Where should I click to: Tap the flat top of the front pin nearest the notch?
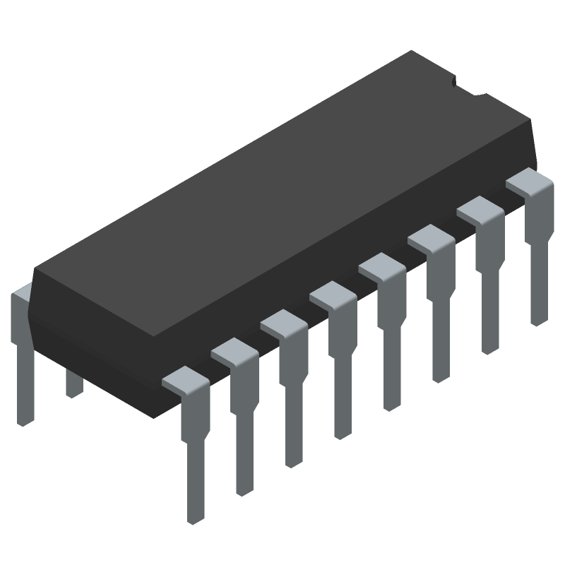[x=529, y=181]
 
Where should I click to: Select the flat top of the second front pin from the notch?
[x=480, y=208]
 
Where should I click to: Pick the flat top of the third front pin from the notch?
[x=430, y=237]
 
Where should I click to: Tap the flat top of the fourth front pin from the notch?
[x=381, y=265]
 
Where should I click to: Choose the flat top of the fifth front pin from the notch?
[x=332, y=293]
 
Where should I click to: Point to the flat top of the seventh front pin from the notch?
[x=234, y=350]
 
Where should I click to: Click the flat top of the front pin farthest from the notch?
[x=185, y=378]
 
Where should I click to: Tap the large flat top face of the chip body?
[x=282, y=191]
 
